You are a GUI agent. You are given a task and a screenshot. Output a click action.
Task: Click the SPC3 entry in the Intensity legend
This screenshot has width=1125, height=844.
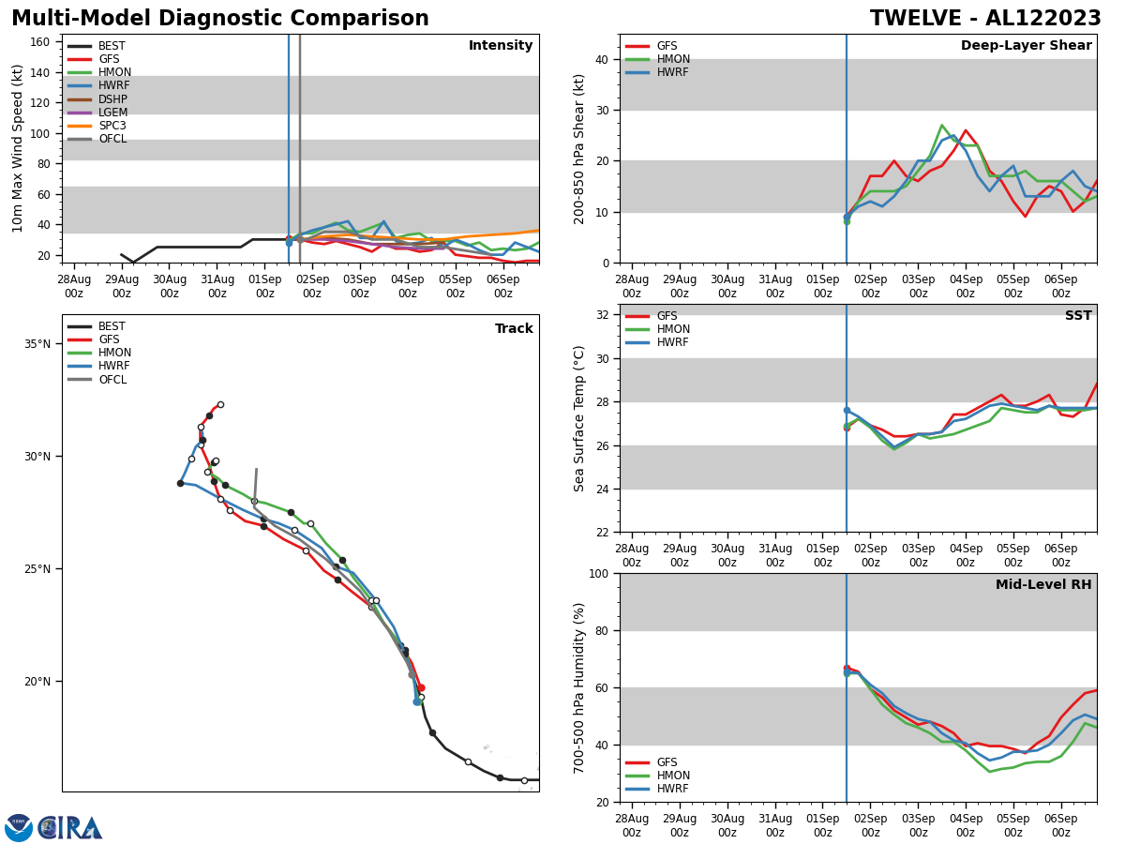pyautogui.click(x=112, y=126)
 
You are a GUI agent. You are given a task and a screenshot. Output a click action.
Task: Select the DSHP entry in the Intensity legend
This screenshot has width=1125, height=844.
pyautogui.click(x=112, y=99)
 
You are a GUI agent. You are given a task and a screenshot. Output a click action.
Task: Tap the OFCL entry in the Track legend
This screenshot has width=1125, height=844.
pyautogui.click(x=112, y=380)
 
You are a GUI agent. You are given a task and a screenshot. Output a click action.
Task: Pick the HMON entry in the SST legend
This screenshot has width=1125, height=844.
pyautogui.click(x=672, y=330)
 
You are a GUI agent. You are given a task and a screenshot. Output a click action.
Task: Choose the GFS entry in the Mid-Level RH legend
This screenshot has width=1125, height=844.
pyautogui.click(x=667, y=762)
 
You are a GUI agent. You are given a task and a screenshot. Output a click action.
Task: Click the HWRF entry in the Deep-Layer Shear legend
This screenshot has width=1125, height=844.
pyautogui.click(x=672, y=72)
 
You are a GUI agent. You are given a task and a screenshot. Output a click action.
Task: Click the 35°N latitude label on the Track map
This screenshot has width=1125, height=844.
pyautogui.click(x=37, y=344)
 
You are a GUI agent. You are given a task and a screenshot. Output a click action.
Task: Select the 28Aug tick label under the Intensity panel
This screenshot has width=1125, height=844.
pyautogui.click(x=74, y=286)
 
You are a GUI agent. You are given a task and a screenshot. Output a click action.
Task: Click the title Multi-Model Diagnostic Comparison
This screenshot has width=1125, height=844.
pyautogui.click(x=220, y=19)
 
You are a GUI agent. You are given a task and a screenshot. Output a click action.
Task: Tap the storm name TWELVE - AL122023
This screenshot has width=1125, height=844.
pyautogui.click(x=985, y=19)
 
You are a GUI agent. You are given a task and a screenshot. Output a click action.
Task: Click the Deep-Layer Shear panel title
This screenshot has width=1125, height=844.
pyautogui.click(x=1026, y=46)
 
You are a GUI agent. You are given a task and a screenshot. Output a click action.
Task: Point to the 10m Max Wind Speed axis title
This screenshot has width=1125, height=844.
pyautogui.click(x=18, y=148)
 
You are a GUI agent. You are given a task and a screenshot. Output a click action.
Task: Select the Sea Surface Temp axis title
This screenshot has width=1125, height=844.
pyautogui.click(x=580, y=418)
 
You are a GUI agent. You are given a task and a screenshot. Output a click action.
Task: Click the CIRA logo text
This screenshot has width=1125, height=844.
pyautogui.click(x=70, y=827)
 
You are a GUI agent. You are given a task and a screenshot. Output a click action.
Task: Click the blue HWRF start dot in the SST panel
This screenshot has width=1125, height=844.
pyautogui.click(x=847, y=410)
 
